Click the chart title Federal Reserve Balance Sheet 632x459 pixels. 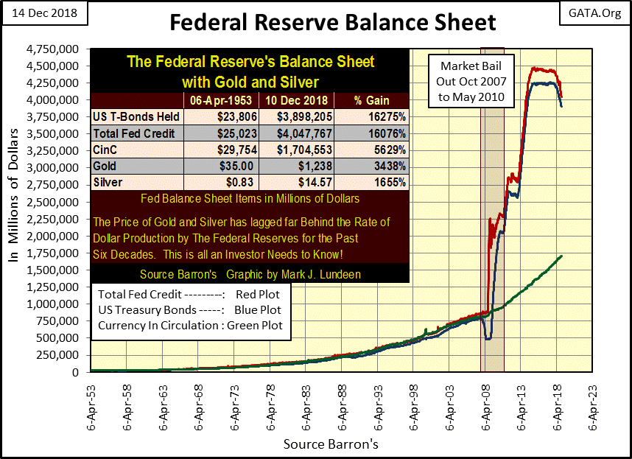(333, 22)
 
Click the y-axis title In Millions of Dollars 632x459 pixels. (14, 210)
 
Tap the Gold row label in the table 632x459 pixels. (108, 167)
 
